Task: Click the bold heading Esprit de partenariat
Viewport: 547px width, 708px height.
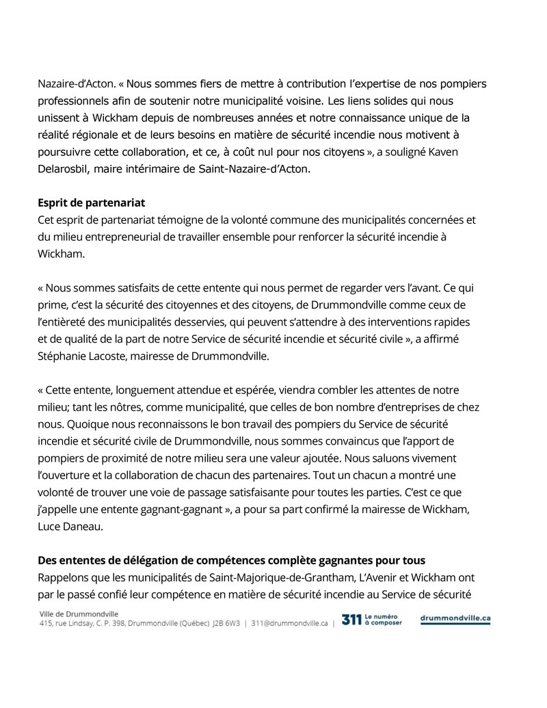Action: pos(91,203)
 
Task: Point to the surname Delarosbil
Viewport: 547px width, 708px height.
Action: pos(62,168)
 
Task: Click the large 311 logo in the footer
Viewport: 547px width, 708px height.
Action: pos(351,620)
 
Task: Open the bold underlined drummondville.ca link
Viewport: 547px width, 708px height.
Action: pos(455,618)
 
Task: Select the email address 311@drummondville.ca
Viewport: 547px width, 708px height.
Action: pos(290,623)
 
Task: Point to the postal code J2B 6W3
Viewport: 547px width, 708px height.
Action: pos(225,623)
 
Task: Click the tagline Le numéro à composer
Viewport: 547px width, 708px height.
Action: pos(384,620)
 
